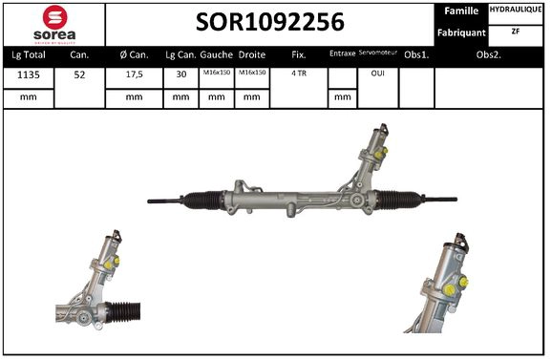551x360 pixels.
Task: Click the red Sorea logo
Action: coord(55,23)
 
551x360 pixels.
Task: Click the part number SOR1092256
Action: coord(270,22)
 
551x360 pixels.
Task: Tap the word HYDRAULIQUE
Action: coord(516,10)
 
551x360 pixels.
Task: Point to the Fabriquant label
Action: coord(462,32)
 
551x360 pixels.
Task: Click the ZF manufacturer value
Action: coord(516,31)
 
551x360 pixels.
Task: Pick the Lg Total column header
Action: coord(29,55)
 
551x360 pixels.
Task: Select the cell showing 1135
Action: coord(29,74)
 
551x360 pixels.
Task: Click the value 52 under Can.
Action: coord(79,74)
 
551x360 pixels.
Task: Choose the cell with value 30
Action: coord(180,74)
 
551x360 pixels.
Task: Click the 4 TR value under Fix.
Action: coord(298,74)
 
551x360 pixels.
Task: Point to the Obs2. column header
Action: coord(490,55)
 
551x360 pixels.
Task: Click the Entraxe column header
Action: coord(341,54)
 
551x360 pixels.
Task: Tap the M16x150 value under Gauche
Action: coord(216,74)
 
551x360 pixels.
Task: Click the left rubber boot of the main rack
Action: coord(203,201)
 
